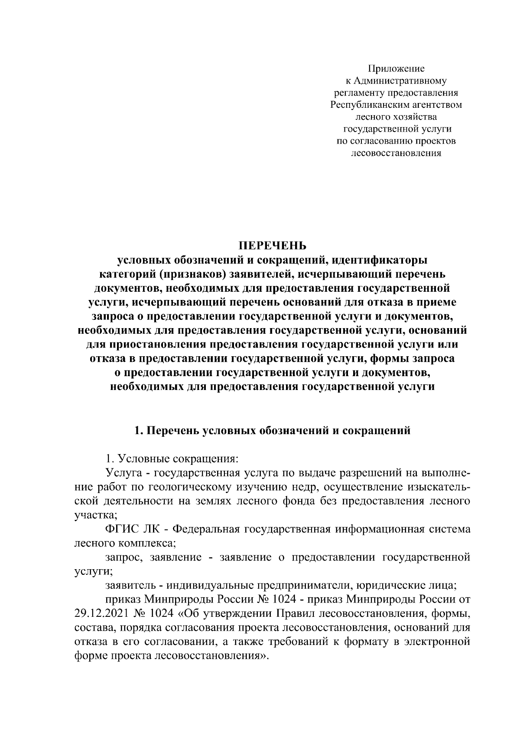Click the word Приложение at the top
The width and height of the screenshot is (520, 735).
click(x=396, y=68)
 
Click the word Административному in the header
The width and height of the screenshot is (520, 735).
click(x=401, y=81)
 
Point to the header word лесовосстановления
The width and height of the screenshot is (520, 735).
click(x=396, y=153)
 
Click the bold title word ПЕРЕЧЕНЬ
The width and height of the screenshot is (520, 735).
click(x=273, y=245)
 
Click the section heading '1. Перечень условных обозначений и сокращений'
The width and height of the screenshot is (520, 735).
click(x=273, y=431)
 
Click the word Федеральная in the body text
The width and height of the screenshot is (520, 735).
click(x=210, y=529)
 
